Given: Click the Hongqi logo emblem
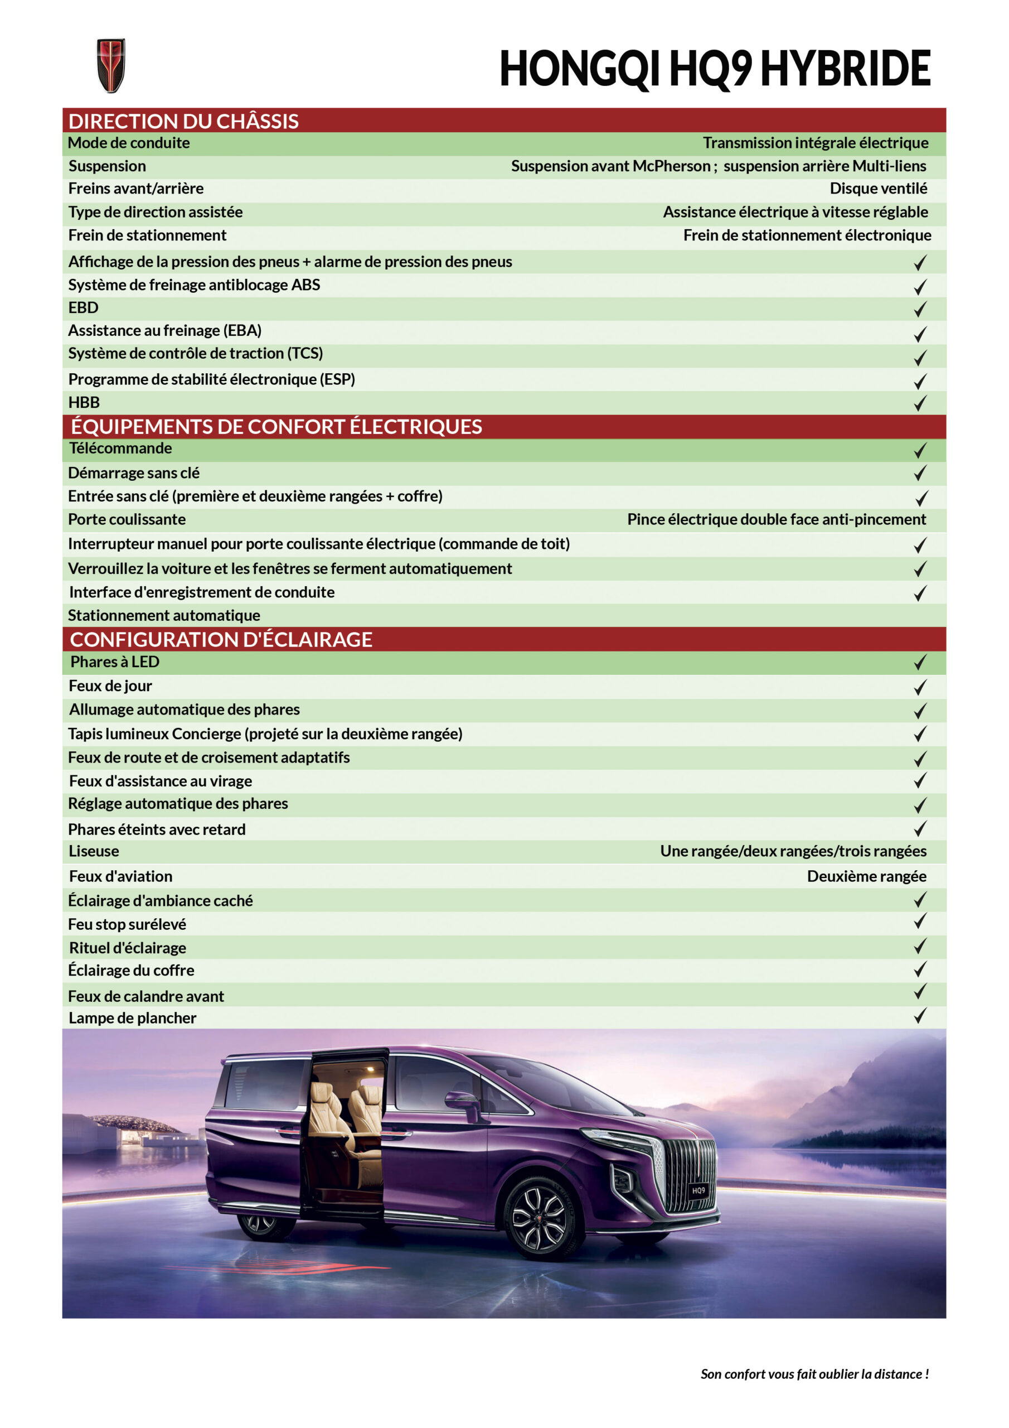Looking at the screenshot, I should (x=111, y=65).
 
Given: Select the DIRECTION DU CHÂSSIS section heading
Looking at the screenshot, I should (x=183, y=120).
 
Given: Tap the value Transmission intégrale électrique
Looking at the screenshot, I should (x=815, y=143).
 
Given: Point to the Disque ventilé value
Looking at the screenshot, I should (x=878, y=189).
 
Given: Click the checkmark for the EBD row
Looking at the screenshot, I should (x=920, y=309).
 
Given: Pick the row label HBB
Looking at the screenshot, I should (x=84, y=402).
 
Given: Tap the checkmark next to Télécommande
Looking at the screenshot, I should (x=920, y=450).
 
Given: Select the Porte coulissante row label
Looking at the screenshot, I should (x=127, y=519).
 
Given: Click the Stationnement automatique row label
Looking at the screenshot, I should (x=164, y=615).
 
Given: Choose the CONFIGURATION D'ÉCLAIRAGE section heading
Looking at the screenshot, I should (x=221, y=639).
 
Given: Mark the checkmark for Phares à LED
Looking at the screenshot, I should (x=920, y=662).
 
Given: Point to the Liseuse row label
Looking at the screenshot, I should (x=94, y=851).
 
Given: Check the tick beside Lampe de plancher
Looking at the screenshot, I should (x=920, y=1016).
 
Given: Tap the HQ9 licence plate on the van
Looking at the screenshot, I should (x=698, y=1190).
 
